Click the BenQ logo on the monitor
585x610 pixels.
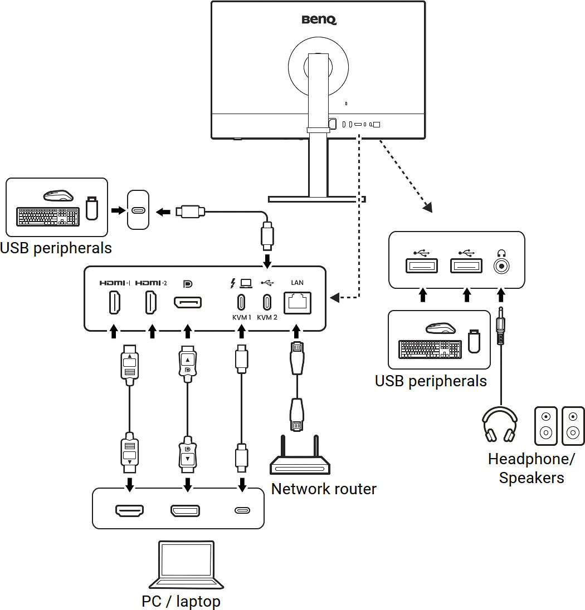point(319,20)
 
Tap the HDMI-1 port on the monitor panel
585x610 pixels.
point(114,303)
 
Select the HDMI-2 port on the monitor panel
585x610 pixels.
point(151,303)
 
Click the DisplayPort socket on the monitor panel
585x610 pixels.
point(188,303)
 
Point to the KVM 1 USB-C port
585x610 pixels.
point(241,302)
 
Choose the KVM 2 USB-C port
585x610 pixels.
point(267,302)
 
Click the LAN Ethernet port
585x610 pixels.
point(298,303)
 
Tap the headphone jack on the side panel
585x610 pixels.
point(502,265)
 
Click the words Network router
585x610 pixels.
point(324,489)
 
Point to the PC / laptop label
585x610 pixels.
point(181,601)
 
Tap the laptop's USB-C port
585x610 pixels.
point(242,510)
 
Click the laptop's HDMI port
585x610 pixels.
point(129,510)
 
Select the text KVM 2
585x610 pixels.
point(267,318)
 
